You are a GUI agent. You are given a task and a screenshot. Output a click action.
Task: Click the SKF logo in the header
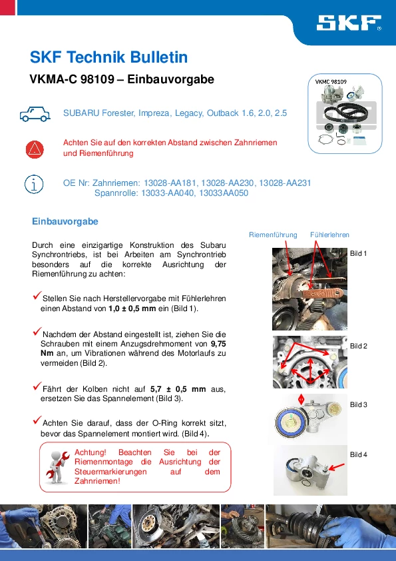pos(349,23)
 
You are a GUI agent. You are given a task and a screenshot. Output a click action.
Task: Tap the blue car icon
pos(35,114)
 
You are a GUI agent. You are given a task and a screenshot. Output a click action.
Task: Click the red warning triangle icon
pos(35,149)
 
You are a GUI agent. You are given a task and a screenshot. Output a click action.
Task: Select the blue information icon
pos(34,185)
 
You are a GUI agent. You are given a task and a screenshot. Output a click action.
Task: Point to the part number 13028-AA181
pos(170,183)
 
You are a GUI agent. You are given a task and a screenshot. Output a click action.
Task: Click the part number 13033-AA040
pos(168,193)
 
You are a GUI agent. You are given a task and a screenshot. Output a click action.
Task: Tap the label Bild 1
pos(359,253)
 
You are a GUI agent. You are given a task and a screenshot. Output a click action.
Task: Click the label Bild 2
pos(359,346)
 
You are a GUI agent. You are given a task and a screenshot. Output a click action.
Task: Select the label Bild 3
pos(359,404)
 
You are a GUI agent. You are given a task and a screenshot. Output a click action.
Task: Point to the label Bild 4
pos(359,454)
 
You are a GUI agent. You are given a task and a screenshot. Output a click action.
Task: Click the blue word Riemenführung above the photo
pos(273,235)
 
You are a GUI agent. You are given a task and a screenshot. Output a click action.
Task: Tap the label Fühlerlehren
pos(329,235)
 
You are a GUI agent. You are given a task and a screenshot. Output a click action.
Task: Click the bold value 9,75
pos(218,344)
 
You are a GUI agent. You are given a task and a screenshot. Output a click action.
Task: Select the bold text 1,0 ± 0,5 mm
pos(132,308)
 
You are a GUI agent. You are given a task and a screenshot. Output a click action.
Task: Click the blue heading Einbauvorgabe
pos(65,221)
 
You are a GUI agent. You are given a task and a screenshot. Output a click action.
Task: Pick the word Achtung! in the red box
pos(91,452)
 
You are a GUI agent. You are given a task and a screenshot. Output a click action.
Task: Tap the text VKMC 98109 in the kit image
pos(331,81)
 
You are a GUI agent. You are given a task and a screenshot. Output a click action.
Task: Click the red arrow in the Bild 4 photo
pos(337,466)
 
